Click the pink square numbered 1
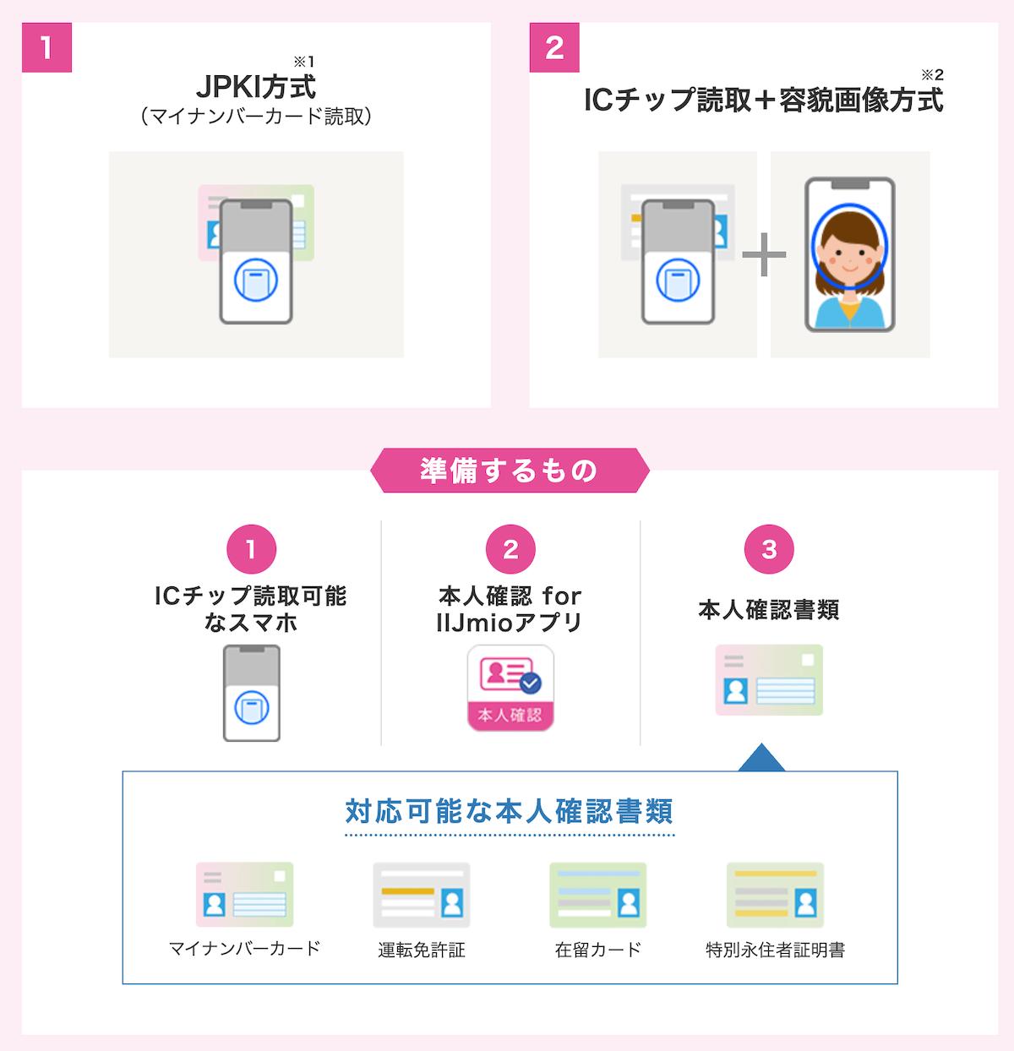(46, 47)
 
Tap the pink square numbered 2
(554, 47)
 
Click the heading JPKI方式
(255, 87)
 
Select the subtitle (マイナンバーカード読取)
(255, 116)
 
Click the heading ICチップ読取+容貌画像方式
(763, 101)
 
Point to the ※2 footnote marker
(932, 74)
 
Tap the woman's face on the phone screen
(850, 248)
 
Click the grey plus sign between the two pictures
(764, 254)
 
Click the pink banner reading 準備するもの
(510, 471)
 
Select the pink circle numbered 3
(769, 549)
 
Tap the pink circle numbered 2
(510, 549)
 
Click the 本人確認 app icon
(510, 688)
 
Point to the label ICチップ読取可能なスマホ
(251, 609)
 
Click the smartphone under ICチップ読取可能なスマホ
(252, 693)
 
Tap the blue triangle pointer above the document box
(761, 757)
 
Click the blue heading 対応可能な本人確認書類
(510, 811)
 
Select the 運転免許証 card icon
(422, 895)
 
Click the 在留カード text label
(598, 950)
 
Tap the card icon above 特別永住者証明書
(775, 895)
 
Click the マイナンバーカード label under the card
(245, 949)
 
